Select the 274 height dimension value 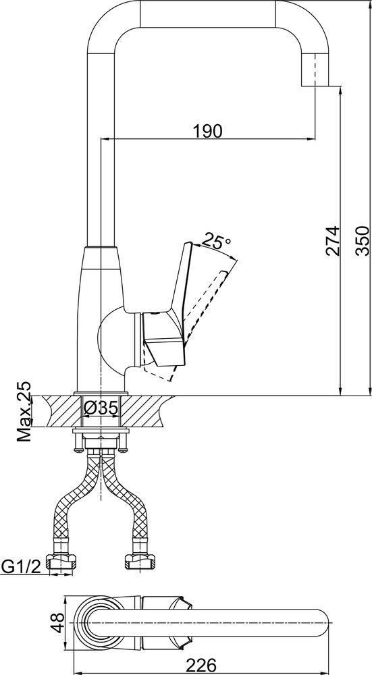[333, 241]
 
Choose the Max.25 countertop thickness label [25, 411]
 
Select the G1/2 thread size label [21, 566]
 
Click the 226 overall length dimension [201, 665]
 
